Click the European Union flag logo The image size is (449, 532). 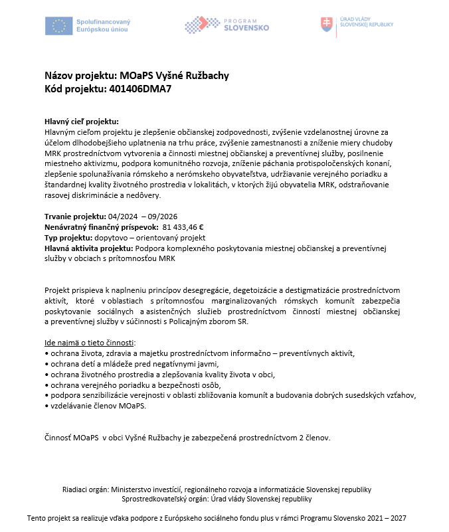(x=59, y=26)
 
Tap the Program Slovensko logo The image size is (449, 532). (x=227, y=25)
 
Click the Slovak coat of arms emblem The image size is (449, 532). (x=326, y=25)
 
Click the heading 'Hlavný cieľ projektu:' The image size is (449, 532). (x=81, y=122)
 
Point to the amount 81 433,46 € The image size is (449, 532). (x=183, y=227)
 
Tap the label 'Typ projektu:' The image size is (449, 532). (x=72, y=237)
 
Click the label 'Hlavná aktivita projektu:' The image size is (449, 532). (x=88, y=248)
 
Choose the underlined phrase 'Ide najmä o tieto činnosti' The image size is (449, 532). (x=89, y=343)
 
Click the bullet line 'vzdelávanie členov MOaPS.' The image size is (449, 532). (x=97, y=406)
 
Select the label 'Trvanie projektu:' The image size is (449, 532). (x=75, y=217)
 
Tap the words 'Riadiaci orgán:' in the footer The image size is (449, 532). (x=86, y=489)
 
